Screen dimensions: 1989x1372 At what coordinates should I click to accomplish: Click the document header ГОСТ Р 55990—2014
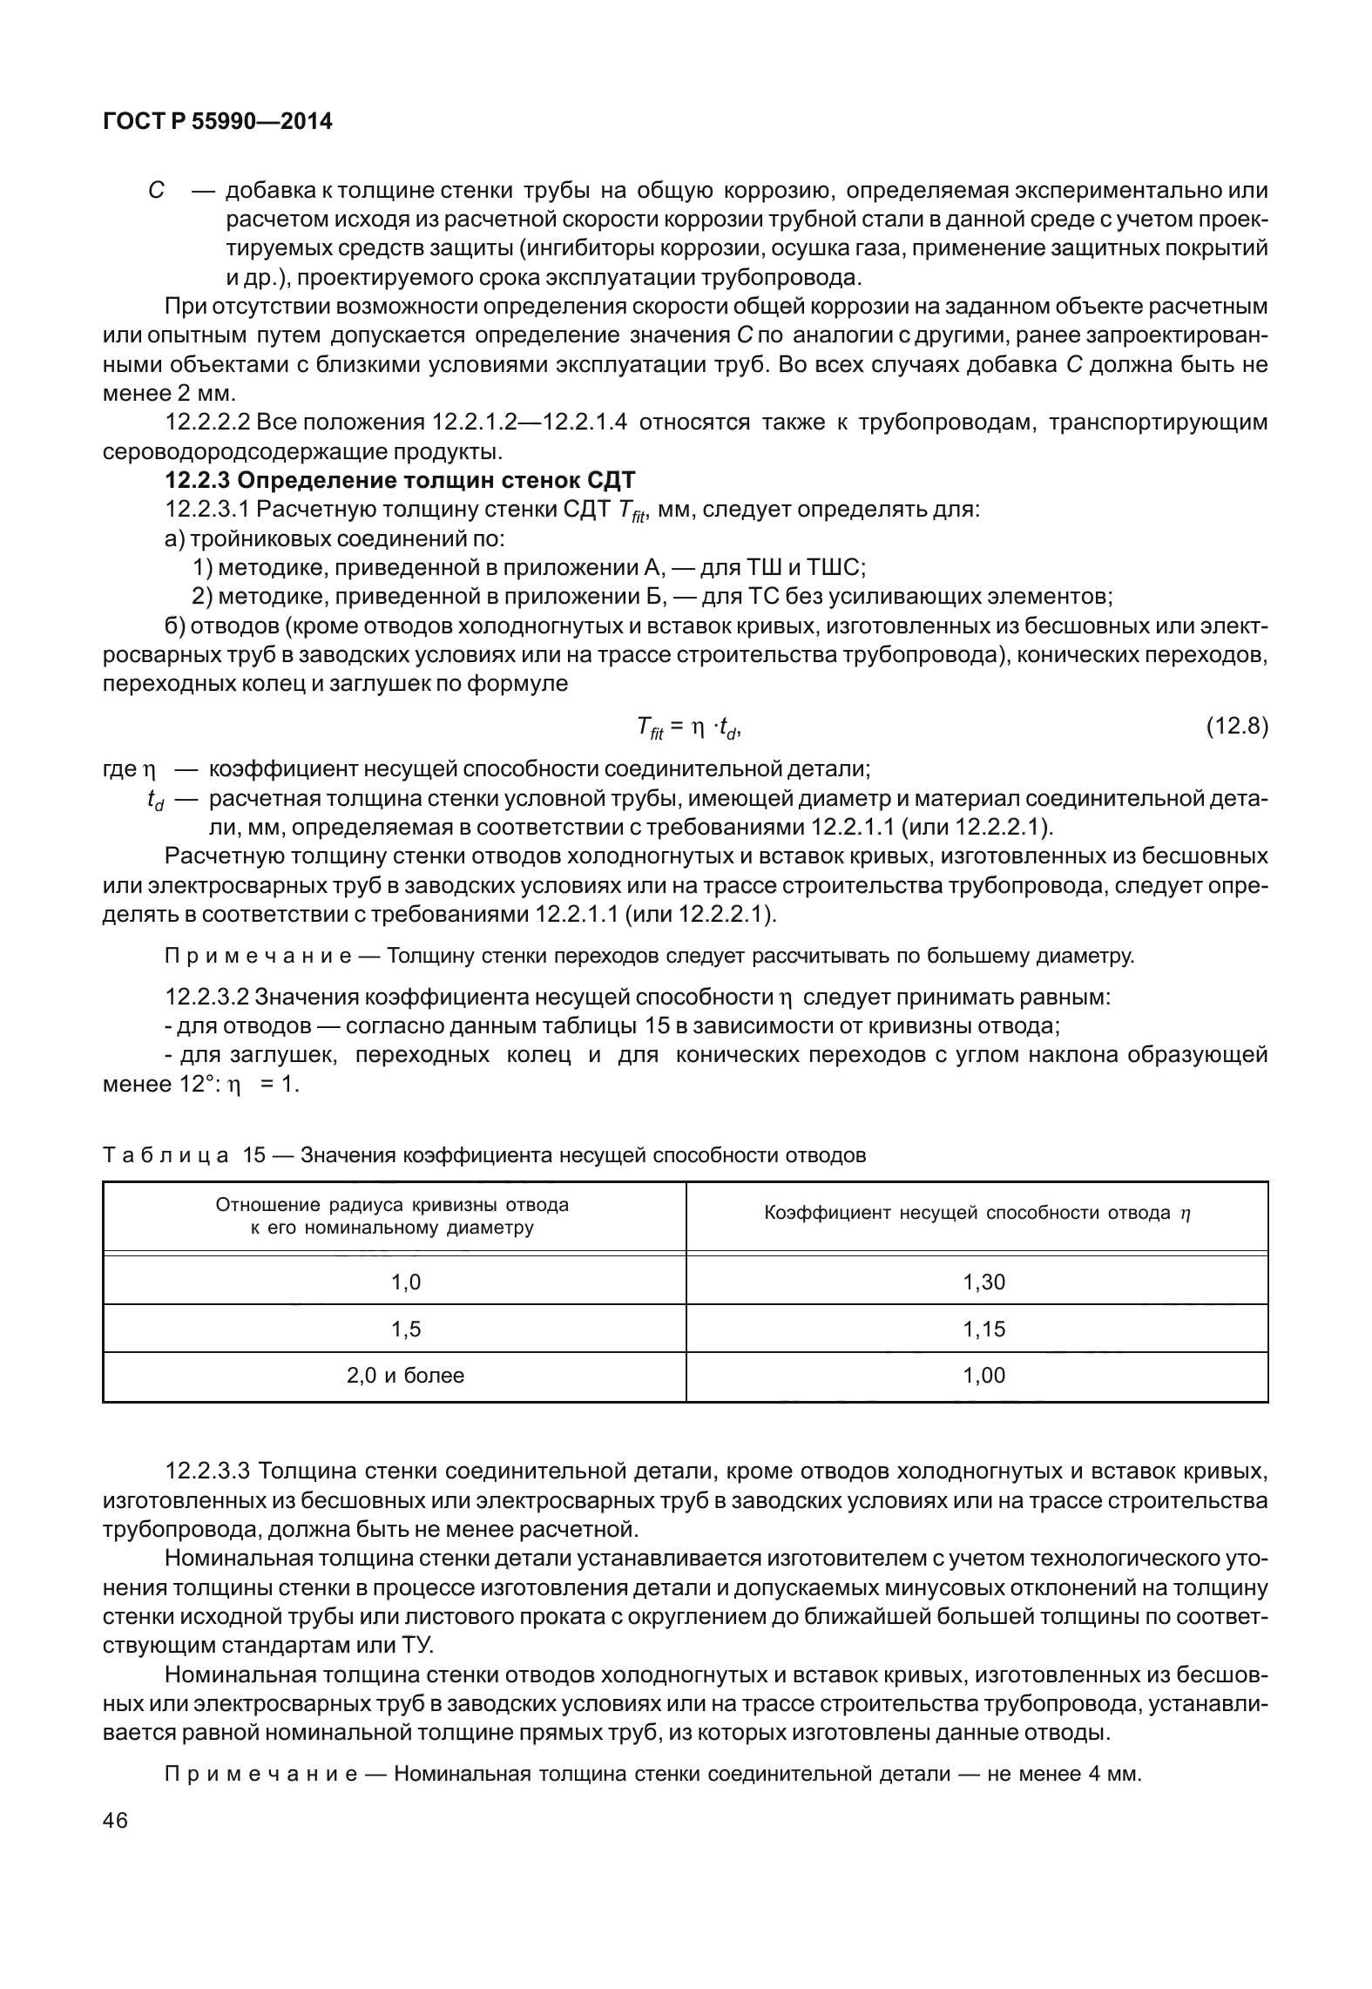tap(217, 122)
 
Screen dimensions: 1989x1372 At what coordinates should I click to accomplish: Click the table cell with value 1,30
tap(983, 1282)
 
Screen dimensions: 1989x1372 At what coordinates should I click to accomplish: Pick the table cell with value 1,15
tap(983, 1329)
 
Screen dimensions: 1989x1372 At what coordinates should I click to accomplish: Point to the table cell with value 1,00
tap(983, 1376)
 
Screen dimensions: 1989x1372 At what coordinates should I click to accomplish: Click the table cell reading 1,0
tap(405, 1282)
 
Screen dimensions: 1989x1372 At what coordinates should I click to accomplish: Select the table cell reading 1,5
tap(405, 1329)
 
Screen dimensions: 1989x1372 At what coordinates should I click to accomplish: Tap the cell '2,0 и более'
tap(405, 1376)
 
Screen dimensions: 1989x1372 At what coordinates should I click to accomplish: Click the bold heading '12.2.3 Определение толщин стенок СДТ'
tap(401, 480)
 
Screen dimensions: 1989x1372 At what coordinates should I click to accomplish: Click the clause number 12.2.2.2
tap(208, 423)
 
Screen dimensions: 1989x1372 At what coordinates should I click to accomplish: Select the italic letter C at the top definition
tap(156, 190)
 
